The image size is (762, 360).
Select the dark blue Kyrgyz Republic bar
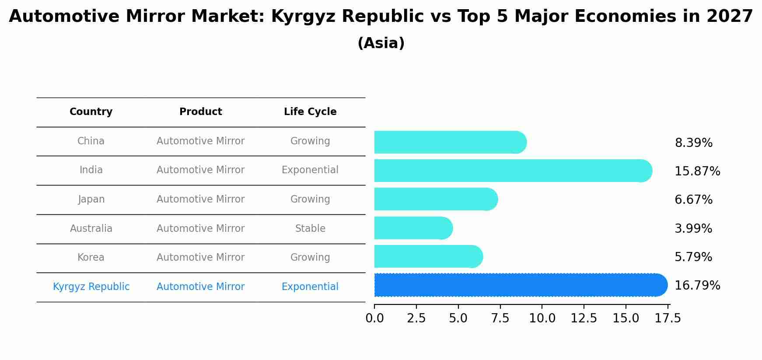pyautogui.click(x=521, y=285)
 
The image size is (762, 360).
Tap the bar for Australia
pyautogui.click(x=413, y=228)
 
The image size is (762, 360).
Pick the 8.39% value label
pyautogui.click(x=693, y=143)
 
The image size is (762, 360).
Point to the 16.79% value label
pyautogui.click(x=697, y=286)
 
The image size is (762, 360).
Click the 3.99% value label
pyautogui.click(x=693, y=229)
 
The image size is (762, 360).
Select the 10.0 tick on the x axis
pyautogui.click(x=542, y=318)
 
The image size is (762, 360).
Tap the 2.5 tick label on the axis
pyautogui.click(x=416, y=318)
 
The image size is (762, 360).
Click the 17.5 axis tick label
pyautogui.click(x=668, y=318)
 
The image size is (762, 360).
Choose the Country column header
pyautogui.click(x=91, y=112)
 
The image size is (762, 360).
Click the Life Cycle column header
pyautogui.click(x=310, y=112)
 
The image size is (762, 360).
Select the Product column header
pyautogui.click(x=200, y=112)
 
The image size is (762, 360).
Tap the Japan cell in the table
pyautogui.click(x=91, y=199)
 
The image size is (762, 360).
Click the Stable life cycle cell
pyautogui.click(x=310, y=228)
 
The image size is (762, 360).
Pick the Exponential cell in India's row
pyautogui.click(x=310, y=170)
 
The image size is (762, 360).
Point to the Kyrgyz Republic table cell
pyautogui.click(x=91, y=287)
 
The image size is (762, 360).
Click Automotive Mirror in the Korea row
pyautogui.click(x=200, y=258)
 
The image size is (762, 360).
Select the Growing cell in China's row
pyautogui.click(x=310, y=141)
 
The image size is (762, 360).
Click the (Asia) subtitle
pyautogui.click(x=381, y=43)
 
